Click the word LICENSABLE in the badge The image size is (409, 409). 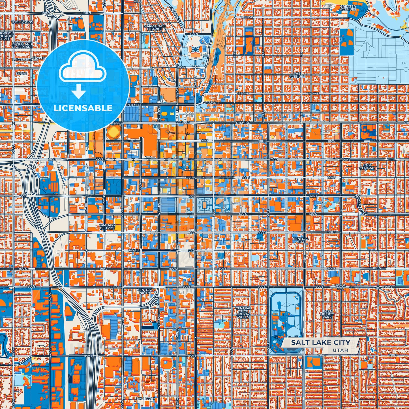[x=83, y=108]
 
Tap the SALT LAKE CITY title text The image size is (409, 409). [x=320, y=342]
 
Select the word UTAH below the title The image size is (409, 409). [x=340, y=350]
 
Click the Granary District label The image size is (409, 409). [x=107, y=226]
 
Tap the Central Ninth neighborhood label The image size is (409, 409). [x=145, y=291]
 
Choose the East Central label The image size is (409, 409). [x=367, y=166]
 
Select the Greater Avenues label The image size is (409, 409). [x=348, y=8]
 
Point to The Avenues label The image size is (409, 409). [x=297, y=75]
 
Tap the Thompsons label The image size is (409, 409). [x=22, y=22]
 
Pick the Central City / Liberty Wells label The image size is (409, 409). [x=243, y=312]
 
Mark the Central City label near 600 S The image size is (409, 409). [x=301, y=240]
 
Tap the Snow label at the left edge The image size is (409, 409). [x=21, y=74]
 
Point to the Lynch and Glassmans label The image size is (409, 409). [x=22, y=45]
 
